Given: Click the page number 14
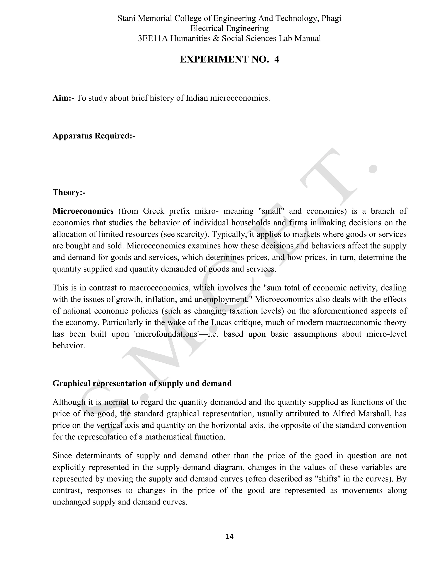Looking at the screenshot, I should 229,536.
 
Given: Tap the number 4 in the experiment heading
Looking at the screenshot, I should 276,59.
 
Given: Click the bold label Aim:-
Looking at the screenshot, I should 63,98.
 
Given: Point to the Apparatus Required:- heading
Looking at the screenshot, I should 94,136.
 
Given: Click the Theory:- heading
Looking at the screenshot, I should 69,192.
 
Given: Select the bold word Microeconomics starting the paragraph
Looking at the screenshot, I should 83,211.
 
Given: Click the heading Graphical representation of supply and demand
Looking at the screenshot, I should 142,383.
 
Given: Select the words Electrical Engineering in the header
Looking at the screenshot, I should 229,28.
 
